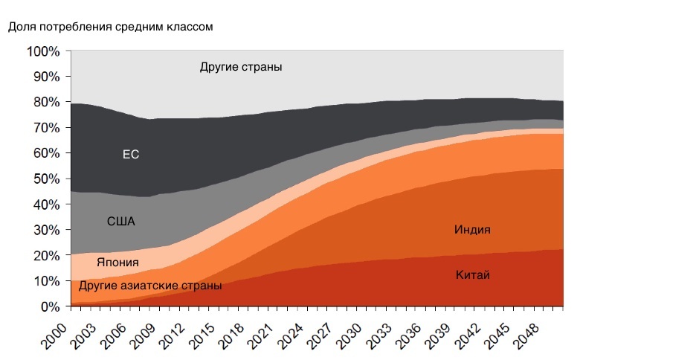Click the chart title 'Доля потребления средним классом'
click(110, 28)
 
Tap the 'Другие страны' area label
click(241, 67)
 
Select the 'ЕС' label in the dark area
click(131, 155)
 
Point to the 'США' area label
click(121, 221)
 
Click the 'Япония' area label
click(117, 262)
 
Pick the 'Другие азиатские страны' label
click(150, 286)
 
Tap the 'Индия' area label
click(472, 230)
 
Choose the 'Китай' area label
click(472, 275)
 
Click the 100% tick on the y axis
click(42, 51)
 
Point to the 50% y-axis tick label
click(45, 179)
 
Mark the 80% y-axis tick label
click(45, 103)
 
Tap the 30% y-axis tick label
click(45, 230)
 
